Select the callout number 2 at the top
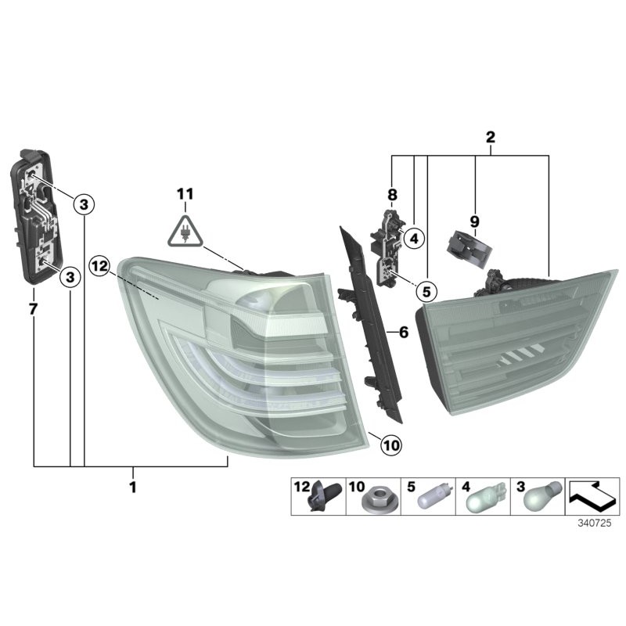(x=491, y=137)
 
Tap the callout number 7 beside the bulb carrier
(x=33, y=308)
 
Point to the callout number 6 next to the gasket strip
(x=404, y=333)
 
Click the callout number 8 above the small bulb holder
(x=392, y=193)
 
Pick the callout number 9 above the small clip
(x=474, y=221)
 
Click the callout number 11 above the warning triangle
(x=184, y=193)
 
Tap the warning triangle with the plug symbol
(x=185, y=231)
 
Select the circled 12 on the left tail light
(x=99, y=266)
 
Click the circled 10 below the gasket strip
(x=390, y=445)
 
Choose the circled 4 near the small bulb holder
(x=414, y=237)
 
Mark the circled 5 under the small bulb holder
(x=426, y=292)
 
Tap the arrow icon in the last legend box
(x=593, y=497)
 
